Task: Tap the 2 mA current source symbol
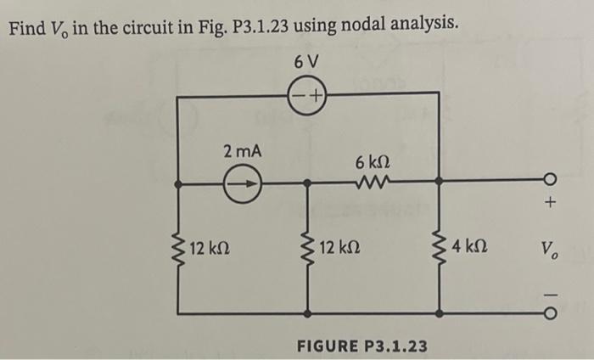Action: click(x=243, y=182)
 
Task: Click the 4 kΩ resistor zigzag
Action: click(x=440, y=249)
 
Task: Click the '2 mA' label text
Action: click(x=243, y=152)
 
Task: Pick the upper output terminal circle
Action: click(x=552, y=182)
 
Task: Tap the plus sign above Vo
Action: click(x=552, y=204)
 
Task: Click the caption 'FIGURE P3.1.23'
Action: click(x=361, y=346)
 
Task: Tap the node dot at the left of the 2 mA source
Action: click(x=177, y=182)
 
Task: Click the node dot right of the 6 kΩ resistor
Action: click(x=440, y=182)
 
